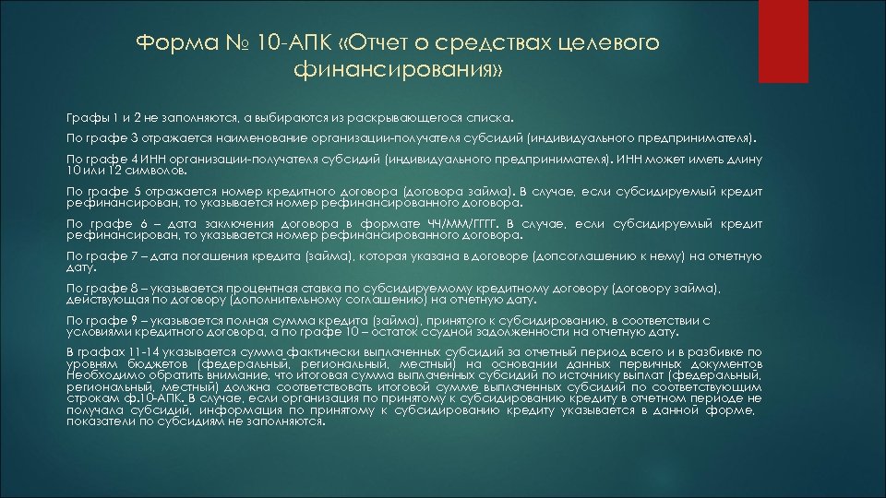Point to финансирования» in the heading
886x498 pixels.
(399, 69)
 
